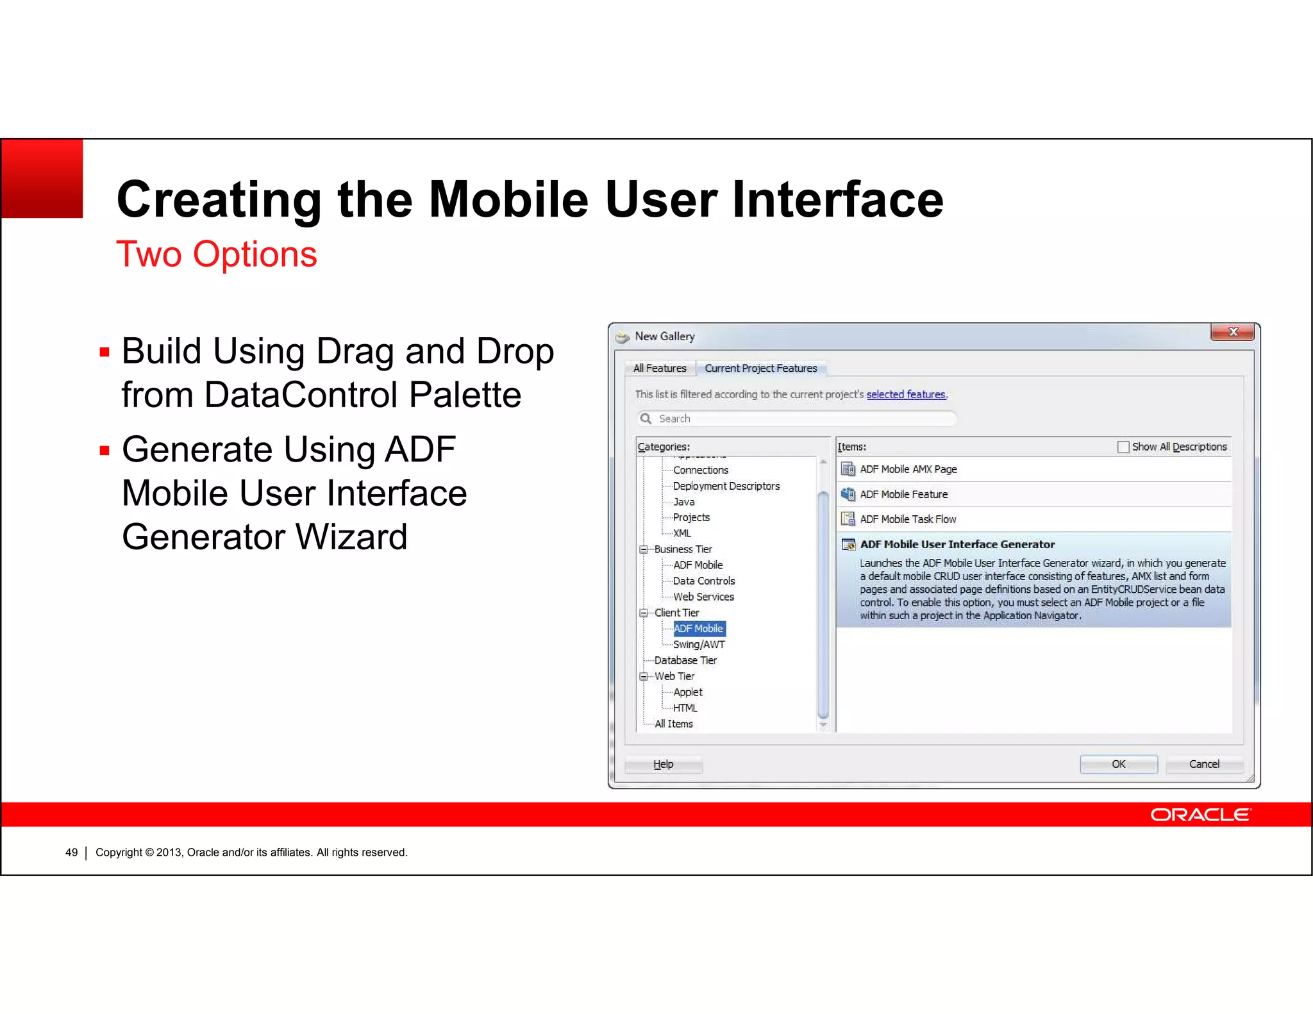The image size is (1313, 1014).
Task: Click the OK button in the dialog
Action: tap(1118, 764)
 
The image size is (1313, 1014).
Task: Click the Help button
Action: tap(663, 764)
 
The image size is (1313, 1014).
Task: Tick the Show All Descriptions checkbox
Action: tap(1123, 447)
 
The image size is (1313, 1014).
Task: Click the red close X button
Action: tap(1232, 332)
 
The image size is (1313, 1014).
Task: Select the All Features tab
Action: tap(659, 369)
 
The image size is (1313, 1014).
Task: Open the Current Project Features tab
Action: tap(760, 369)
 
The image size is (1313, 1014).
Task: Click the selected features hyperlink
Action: tap(905, 395)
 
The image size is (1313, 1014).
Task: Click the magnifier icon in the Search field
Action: tap(646, 419)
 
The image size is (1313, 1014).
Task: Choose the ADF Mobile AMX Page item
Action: tap(908, 469)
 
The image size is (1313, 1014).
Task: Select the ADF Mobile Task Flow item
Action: tap(907, 519)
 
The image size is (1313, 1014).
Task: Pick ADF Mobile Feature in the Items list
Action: tap(903, 494)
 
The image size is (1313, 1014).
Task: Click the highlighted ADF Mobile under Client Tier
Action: tap(698, 629)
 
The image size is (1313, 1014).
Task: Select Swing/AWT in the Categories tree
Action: tap(698, 645)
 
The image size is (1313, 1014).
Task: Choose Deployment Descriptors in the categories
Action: tap(726, 486)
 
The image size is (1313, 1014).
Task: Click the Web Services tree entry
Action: tap(703, 597)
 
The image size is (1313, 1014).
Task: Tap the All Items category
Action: tap(673, 724)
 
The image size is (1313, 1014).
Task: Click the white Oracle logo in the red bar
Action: tap(1200, 815)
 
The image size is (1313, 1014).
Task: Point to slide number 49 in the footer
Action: tap(71, 852)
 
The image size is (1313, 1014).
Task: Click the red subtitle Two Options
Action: tap(216, 254)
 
